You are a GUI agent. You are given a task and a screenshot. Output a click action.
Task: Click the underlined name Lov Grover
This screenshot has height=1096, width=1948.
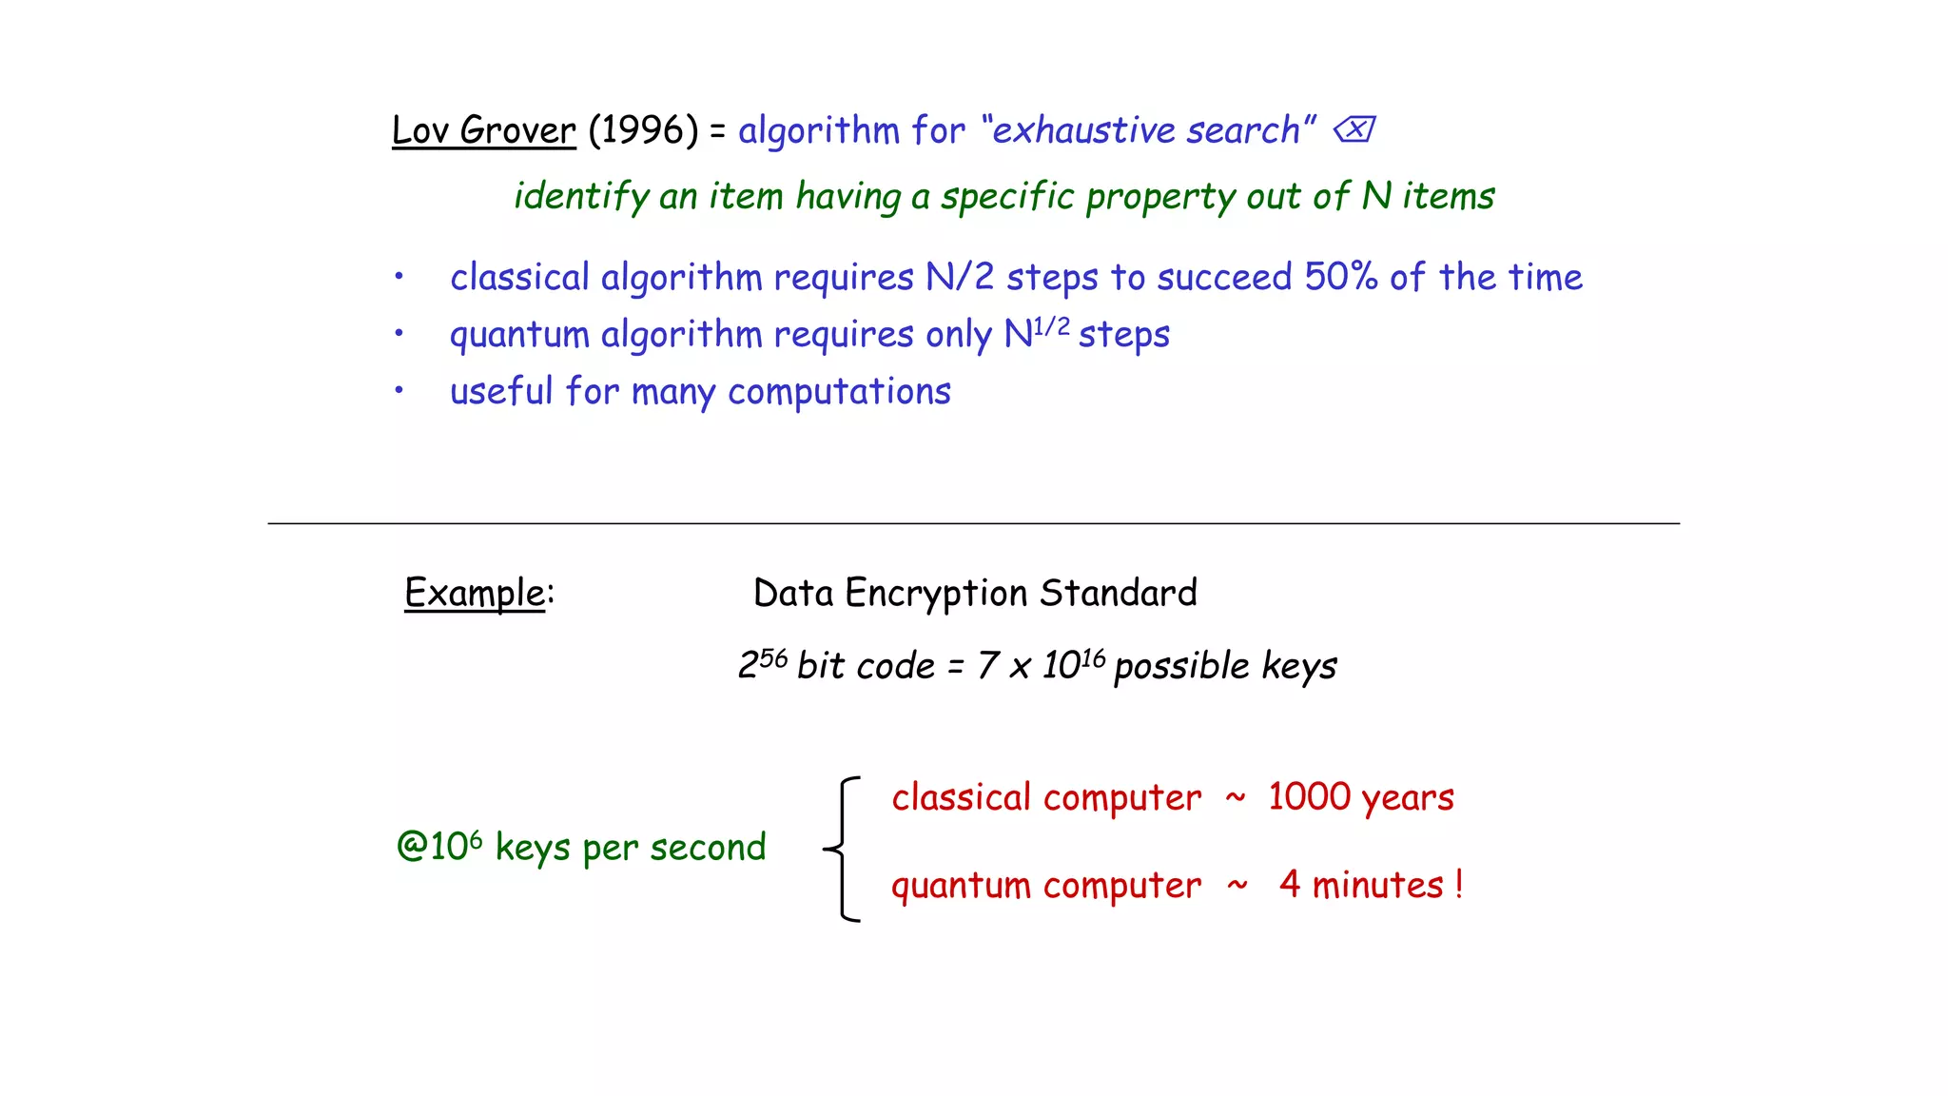pyautogui.click(x=483, y=130)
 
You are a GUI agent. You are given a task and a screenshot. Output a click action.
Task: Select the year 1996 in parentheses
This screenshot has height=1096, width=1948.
pyautogui.click(x=643, y=130)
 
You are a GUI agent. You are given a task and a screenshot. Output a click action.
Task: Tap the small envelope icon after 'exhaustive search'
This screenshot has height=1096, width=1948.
pyautogui.click(x=1354, y=129)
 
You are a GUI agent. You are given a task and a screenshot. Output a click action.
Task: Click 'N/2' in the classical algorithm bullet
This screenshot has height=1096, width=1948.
pyautogui.click(x=960, y=277)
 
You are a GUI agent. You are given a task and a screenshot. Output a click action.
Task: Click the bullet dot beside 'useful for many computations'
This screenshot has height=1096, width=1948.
pyautogui.click(x=399, y=390)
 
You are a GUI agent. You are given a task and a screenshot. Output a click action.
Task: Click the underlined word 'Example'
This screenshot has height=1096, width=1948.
pyautogui.click(x=475, y=593)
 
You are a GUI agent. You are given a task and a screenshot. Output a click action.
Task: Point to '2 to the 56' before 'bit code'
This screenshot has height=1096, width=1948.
pyautogui.click(x=763, y=663)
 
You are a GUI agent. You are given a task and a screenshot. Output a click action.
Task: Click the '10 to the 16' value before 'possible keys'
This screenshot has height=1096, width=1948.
pyautogui.click(x=1073, y=664)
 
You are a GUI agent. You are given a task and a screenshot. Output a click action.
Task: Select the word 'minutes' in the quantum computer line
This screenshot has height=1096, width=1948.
pyautogui.click(x=1378, y=886)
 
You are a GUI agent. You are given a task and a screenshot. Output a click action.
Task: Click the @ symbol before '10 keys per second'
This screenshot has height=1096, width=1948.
pyautogui.click(x=412, y=847)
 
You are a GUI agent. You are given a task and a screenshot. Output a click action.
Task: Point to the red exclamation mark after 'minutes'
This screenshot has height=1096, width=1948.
pyautogui.click(x=1458, y=886)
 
